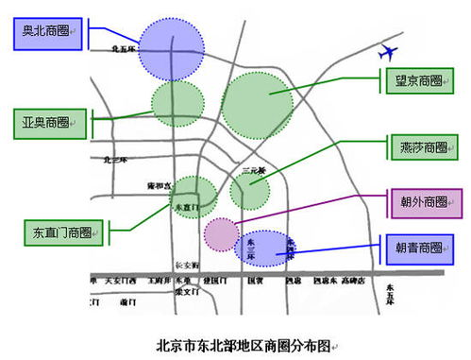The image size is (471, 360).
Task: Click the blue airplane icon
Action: pos(387,53)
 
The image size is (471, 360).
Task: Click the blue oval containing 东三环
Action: pos(267,250)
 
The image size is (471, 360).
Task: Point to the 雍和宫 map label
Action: pos(159,185)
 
